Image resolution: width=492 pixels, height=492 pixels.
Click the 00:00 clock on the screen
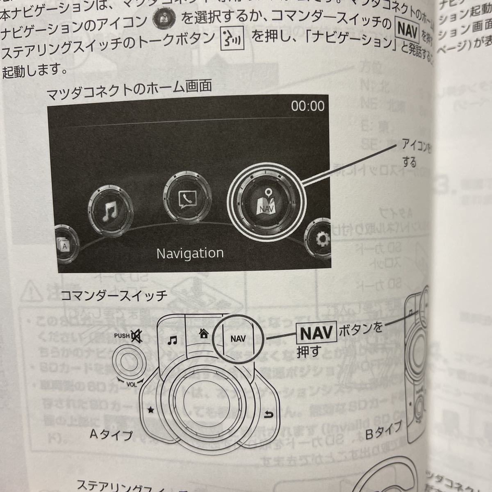point(307,106)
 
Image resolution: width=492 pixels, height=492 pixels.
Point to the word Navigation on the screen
point(190,253)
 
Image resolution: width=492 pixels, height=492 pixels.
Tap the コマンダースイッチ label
point(114,296)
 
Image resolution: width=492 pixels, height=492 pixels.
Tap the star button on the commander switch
point(151,410)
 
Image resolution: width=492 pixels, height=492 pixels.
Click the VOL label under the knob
point(132,385)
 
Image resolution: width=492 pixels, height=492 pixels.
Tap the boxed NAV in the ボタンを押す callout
point(316,333)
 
